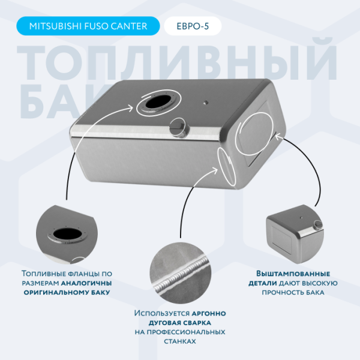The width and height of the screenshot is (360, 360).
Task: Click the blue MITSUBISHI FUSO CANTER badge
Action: coord(88,26)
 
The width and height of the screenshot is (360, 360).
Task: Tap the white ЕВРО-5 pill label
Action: coord(193,26)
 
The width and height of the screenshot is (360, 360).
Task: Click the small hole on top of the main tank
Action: coord(206,103)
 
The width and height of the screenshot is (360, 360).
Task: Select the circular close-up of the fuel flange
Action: coord(67,235)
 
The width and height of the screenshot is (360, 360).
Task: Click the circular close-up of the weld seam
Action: coord(181,273)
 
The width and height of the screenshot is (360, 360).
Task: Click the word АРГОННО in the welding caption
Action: coord(209,313)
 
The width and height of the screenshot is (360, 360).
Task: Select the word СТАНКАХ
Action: coord(180,341)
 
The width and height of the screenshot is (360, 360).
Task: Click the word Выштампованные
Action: coord(293,274)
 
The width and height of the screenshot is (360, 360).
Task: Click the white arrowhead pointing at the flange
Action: coord(130,108)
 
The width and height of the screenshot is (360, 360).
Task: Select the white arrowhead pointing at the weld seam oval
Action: coord(214,170)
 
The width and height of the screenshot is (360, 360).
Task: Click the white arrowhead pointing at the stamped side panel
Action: coord(278,137)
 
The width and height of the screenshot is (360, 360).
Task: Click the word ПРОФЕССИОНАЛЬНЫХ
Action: coord(180,332)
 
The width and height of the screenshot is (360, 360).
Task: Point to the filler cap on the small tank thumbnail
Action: coord(318,225)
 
